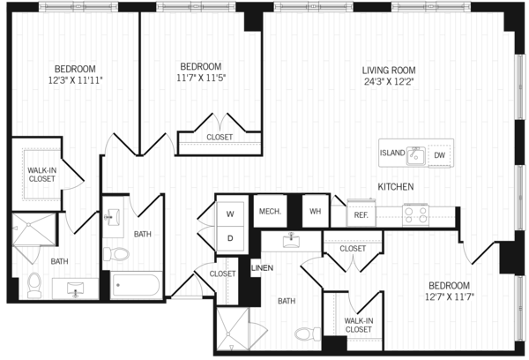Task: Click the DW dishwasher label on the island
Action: [439, 155]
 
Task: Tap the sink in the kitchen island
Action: [415, 155]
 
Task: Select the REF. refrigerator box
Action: [361, 214]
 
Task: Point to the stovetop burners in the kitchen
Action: [415, 214]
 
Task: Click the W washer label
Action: [230, 214]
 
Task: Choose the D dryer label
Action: [230, 238]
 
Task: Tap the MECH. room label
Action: [270, 212]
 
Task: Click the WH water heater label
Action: [315, 212]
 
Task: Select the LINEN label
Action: [262, 268]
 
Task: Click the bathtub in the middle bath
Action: [137, 285]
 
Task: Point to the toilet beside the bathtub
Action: [116, 254]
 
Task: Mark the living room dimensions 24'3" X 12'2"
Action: [389, 81]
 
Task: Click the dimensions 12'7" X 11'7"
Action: [450, 296]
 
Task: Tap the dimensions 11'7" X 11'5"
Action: [201, 78]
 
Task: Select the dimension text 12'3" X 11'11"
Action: [75, 80]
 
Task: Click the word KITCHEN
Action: [395, 187]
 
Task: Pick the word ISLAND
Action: [392, 153]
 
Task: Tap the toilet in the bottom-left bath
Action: [34, 285]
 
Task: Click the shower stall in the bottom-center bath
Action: [232, 329]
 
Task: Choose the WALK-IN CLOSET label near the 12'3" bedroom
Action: [41, 175]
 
